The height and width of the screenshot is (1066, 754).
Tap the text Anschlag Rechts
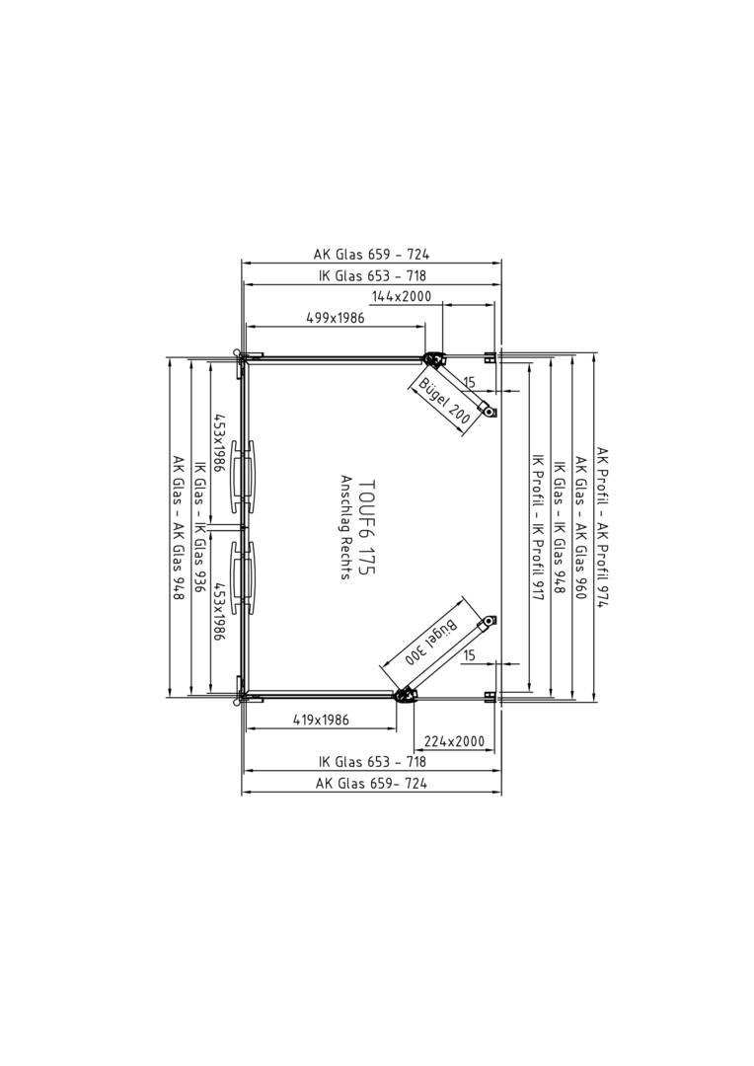tap(345, 526)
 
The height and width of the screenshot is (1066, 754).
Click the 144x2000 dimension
tap(401, 296)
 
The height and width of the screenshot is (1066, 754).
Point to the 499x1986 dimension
tap(336, 318)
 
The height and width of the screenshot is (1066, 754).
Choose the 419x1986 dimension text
tap(321, 720)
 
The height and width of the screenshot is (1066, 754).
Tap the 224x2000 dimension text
tap(454, 740)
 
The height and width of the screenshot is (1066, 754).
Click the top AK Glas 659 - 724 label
tap(371, 255)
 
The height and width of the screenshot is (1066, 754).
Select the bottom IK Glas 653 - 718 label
tap(373, 762)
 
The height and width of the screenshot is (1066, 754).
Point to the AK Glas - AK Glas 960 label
tap(581, 527)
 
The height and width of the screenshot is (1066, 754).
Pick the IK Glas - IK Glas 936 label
tap(200, 527)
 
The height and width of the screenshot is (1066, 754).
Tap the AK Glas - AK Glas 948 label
tap(179, 527)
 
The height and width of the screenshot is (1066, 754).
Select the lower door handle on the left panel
tap(243, 577)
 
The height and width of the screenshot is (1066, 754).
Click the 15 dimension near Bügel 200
tap(469, 383)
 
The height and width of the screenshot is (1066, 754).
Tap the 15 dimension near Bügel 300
tap(469, 655)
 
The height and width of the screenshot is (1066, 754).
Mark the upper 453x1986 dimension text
tap(219, 442)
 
